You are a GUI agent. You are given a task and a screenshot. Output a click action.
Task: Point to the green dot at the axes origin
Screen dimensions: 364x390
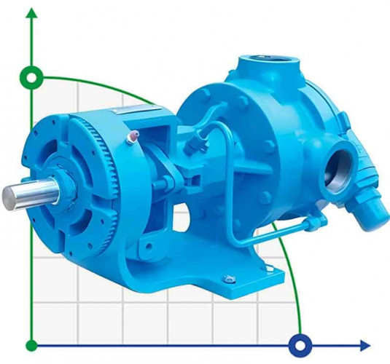[31, 344]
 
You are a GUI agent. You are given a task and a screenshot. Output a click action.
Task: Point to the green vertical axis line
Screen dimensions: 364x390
[31, 218]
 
